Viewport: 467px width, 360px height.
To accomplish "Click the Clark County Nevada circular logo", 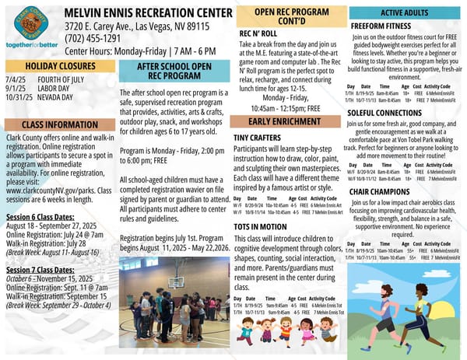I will pyautogui.click(x=30, y=23).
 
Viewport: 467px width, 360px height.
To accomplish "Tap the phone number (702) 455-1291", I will pyautogui.click(x=93, y=37).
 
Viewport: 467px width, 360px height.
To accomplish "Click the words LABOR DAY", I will pyautogui.click(x=55, y=88).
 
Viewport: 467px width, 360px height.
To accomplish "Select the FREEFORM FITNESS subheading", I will pyautogui.click(x=381, y=25).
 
